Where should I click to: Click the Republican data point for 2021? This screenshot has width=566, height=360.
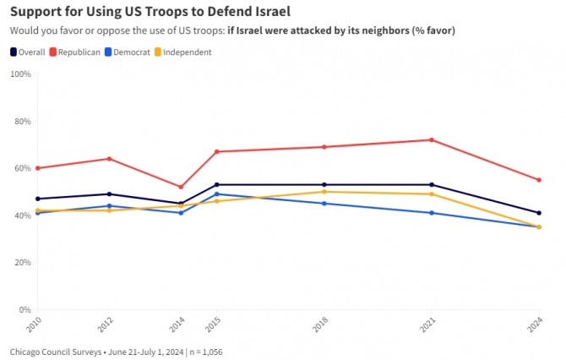pos(432,139)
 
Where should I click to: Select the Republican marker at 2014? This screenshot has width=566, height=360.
pos(181,187)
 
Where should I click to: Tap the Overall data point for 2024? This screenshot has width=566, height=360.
pos(539,213)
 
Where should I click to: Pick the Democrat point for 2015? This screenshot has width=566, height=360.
pos(216,194)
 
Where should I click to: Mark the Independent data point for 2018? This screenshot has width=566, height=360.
pos(324,192)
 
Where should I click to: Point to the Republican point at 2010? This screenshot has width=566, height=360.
pos(37,168)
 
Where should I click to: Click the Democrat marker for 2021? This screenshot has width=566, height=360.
pos(432,213)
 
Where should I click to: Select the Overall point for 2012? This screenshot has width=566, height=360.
pos(109,194)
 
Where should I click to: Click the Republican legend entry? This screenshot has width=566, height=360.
pos(74,52)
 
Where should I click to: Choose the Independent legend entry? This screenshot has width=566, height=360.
pos(183,52)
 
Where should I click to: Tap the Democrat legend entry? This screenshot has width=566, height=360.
pos(128,52)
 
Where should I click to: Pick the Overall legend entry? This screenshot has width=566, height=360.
pos(28,52)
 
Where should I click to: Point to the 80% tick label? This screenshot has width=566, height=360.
pos(23,122)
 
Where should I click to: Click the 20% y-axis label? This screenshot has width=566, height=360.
pos(23,263)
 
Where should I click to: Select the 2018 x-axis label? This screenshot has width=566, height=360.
pos(320,324)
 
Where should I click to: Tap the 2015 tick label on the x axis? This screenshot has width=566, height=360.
pos(213,324)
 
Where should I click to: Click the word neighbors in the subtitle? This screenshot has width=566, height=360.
pos(385,30)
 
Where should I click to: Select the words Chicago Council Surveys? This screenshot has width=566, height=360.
pos(56,352)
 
